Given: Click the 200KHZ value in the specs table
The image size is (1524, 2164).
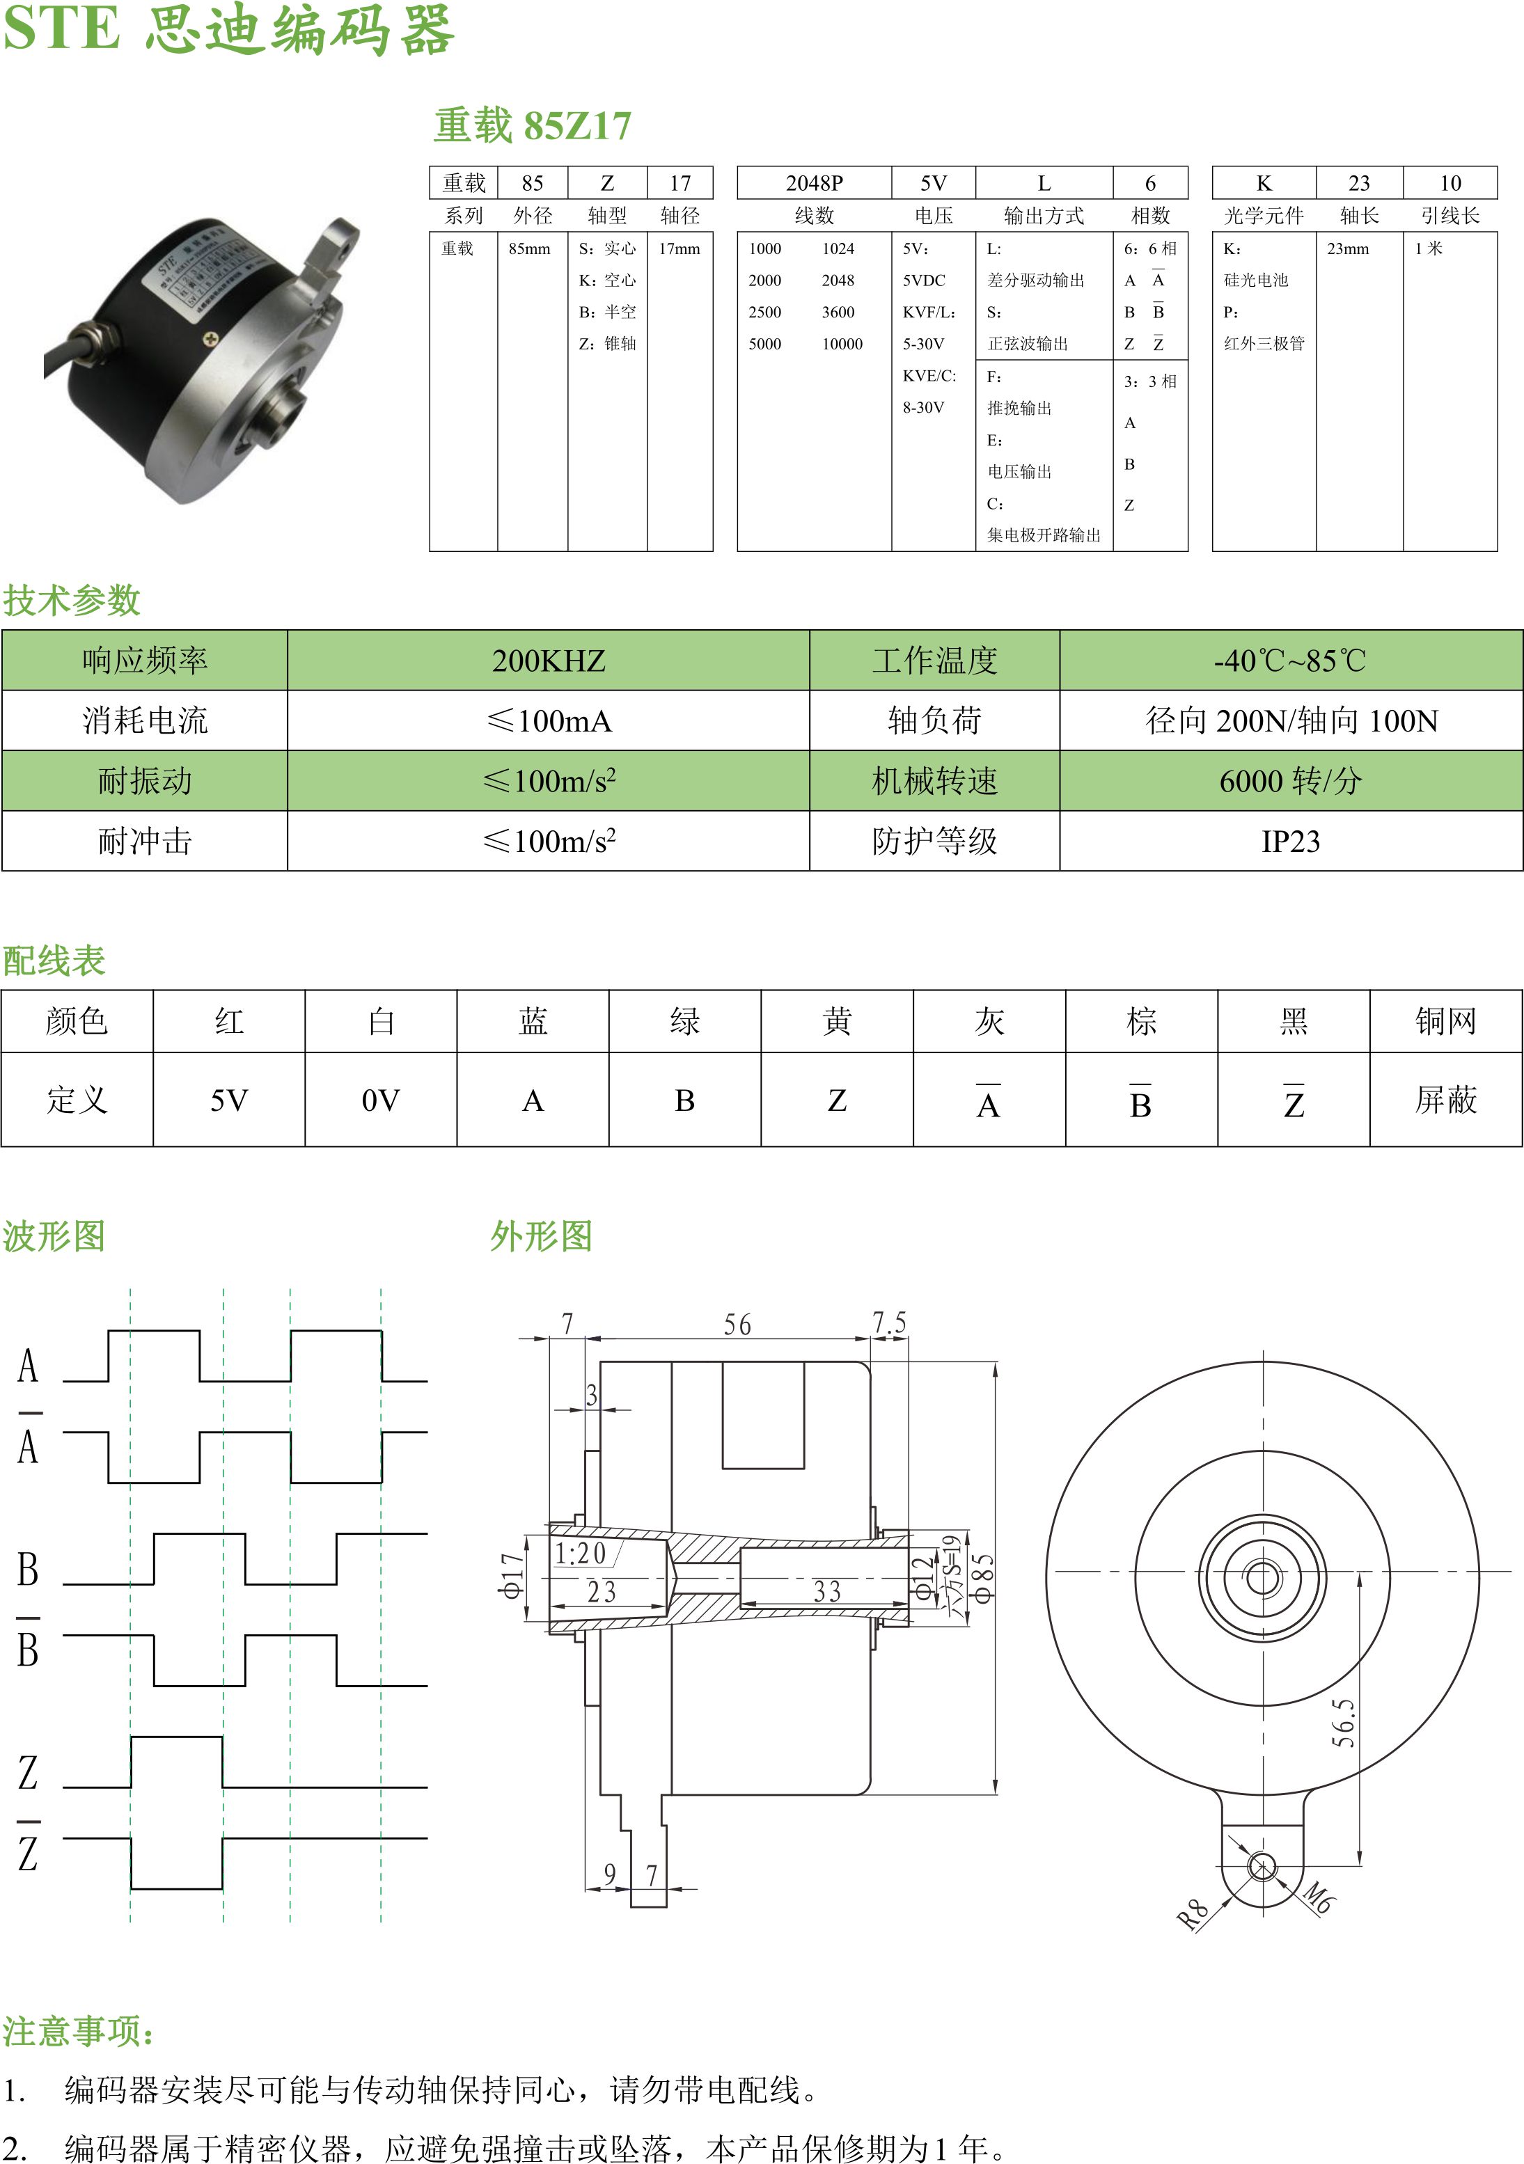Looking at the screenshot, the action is point(549,661).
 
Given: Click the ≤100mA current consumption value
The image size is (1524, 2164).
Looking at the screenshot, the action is point(549,721).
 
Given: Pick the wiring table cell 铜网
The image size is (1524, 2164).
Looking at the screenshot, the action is point(1446,1020).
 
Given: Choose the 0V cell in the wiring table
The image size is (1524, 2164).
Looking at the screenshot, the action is point(381,1100).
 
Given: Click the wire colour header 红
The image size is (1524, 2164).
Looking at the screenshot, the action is point(229,1020).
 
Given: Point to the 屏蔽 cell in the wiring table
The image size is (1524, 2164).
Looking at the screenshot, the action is point(1446,1100).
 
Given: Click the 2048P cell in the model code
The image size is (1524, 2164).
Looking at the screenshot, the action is point(815,183).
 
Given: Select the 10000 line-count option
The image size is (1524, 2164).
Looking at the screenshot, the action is point(842,344).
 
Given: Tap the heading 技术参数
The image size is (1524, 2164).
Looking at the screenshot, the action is point(72,601).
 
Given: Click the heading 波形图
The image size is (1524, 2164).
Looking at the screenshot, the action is point(54,1235).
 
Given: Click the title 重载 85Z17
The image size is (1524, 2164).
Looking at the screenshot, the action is point(533,125).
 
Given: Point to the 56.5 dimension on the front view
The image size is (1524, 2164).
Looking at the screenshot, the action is point(1343,1723).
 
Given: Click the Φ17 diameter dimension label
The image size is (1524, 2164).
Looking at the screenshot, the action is point(512,1576).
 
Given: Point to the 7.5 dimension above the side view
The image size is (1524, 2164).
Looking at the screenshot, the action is point(889,1322).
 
